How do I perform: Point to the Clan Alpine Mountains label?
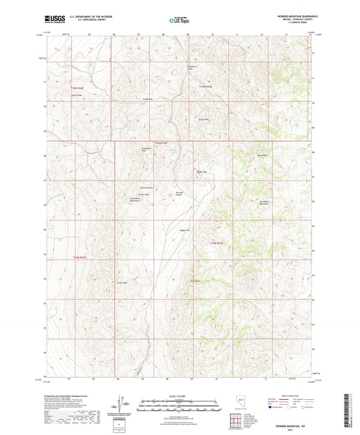[x=265, y=201]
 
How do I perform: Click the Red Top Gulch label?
[x=147, y=188]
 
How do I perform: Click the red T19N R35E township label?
[x=207, y=86]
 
